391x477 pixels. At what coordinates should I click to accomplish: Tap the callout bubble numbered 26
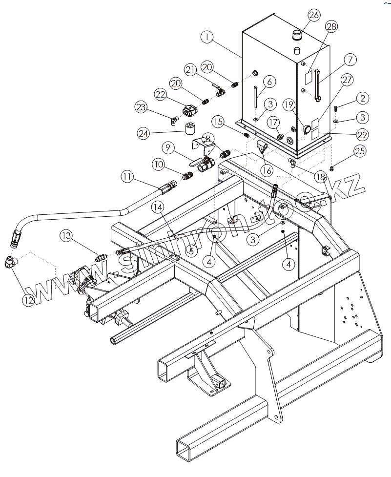pyautogui.click(x=314, y=15)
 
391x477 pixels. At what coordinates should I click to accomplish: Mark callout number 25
pyautogui.click(x=360, y=151)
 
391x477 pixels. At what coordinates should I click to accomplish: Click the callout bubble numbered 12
pyautogui.click(x=27, y=300)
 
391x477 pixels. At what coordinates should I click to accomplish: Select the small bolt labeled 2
pyautogui.click(x=337, y=107)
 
